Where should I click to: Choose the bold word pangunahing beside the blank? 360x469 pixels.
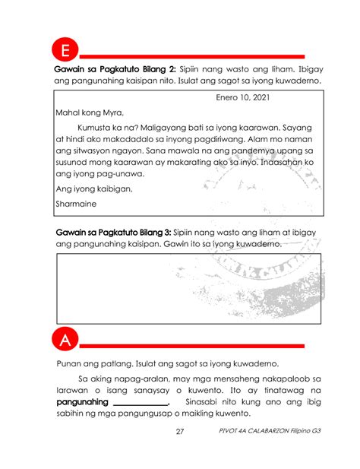point(83,401)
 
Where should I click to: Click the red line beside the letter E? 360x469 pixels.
point(194,56)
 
